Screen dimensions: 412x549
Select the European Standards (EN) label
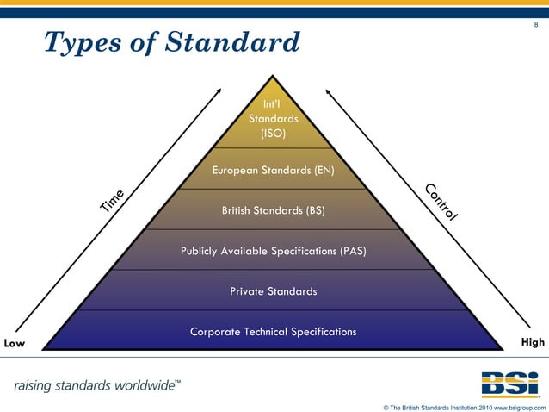coord(273,171)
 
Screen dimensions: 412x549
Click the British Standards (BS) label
coord(273,210)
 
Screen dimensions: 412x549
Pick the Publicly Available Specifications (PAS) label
coord(273,251)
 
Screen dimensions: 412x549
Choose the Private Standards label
coord(273,291)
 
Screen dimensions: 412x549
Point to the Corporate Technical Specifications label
coord(273,332)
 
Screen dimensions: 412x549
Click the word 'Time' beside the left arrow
coord(114,199)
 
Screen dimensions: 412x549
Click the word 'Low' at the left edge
coord(14,342)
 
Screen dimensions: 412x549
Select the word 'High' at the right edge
coord(533,342)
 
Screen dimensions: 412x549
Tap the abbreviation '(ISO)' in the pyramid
coord(273,134)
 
